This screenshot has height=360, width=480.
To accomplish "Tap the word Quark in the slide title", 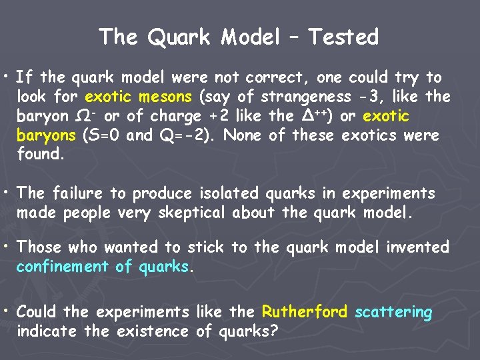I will click(179, 37).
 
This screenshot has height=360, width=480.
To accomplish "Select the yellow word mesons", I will click(167, 97).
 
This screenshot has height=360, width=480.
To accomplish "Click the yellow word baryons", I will click(46, 136).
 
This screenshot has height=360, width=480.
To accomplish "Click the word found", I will click(40, 155).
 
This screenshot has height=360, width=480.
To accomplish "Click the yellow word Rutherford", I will click(305, 312).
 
